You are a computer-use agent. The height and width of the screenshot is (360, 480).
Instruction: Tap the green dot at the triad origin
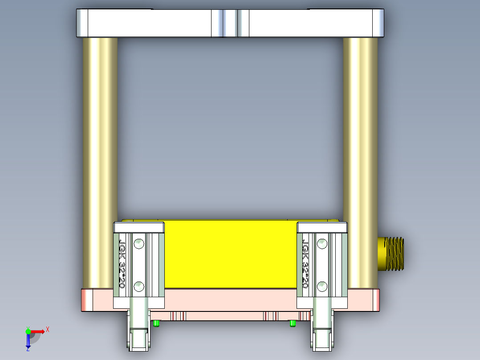pyautogui.click(x=28, y=331)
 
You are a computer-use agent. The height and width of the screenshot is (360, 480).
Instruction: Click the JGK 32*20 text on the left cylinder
pyautogui.click(x=122, y=264)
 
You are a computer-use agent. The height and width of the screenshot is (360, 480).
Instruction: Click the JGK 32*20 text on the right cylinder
pyautogui.click(x=305, y=264)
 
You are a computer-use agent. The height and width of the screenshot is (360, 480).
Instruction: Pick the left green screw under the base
pyautogui.click(x=156, y=323)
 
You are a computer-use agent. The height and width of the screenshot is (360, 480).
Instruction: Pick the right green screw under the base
pyautogui.click(x=292, y=323)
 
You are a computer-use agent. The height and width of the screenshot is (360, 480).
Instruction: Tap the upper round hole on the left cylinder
pyautogui.click(x=139, y=244)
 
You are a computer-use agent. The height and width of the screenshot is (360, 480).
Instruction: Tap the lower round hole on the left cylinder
pyautogui.click(x=139, y=286)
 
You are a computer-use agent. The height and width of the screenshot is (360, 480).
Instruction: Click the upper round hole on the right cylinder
pyautogui.click(x=321, y=244)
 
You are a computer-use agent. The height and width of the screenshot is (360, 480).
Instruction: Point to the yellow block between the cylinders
pyautogui.click(x=230, y=254)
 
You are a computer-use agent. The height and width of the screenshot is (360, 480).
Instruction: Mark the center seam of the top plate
pyautogui.click(x=230, y=23)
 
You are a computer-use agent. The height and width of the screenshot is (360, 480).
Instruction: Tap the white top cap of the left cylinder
pyautogui.click(x=139, y=228)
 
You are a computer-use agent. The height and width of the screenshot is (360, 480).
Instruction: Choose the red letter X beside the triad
pyautogui.click(x=48, y=329)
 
